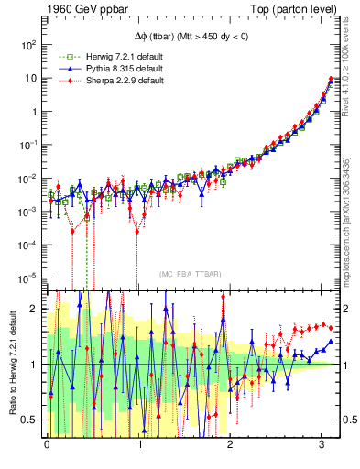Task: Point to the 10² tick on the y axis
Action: [x=28, y=44]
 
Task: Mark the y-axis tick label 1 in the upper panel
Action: [x=34, y=111]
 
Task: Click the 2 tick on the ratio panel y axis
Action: [x=35, y=309]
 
